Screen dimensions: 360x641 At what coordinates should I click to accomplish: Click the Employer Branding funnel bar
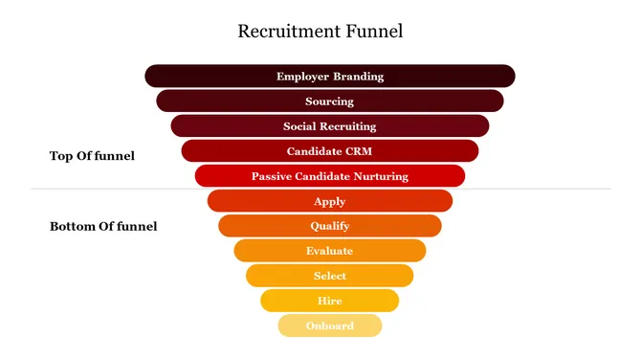329,76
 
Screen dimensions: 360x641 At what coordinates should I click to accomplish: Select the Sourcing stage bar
329,101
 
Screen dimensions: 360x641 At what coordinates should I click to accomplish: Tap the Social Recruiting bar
329,125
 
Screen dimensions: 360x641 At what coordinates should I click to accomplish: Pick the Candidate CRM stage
329,150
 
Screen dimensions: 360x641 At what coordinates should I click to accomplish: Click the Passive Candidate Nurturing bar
329,175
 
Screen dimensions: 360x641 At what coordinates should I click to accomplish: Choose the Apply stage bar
329,201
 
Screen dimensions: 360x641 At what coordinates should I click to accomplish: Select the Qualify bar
329,226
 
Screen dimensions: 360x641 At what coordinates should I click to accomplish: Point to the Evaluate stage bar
329,251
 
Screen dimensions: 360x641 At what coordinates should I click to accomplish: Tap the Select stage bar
329,276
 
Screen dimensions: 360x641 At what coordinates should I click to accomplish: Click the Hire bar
329,301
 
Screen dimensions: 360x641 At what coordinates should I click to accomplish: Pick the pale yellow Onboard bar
329,326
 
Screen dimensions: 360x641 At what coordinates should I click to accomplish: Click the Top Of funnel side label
92,156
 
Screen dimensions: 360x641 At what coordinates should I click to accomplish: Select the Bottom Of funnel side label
103,227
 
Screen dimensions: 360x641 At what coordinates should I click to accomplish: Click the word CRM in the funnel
356,151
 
